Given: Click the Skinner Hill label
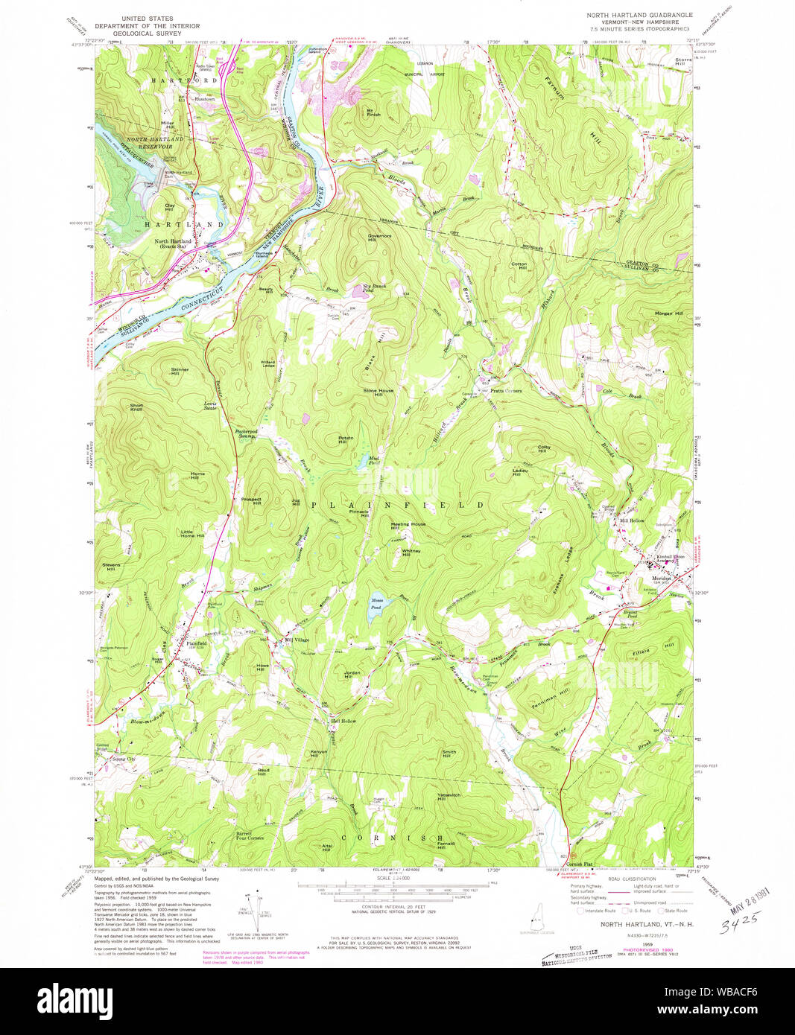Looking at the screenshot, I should (180, 371).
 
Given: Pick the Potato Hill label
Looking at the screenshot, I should (346, 439).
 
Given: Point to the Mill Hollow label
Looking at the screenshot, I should (633, 520).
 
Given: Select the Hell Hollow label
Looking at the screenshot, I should (343, 721).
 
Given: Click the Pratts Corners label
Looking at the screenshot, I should (506, 390).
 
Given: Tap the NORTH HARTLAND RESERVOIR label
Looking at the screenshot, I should (154, 142).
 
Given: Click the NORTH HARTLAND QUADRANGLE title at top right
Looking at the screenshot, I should (639, 15).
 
